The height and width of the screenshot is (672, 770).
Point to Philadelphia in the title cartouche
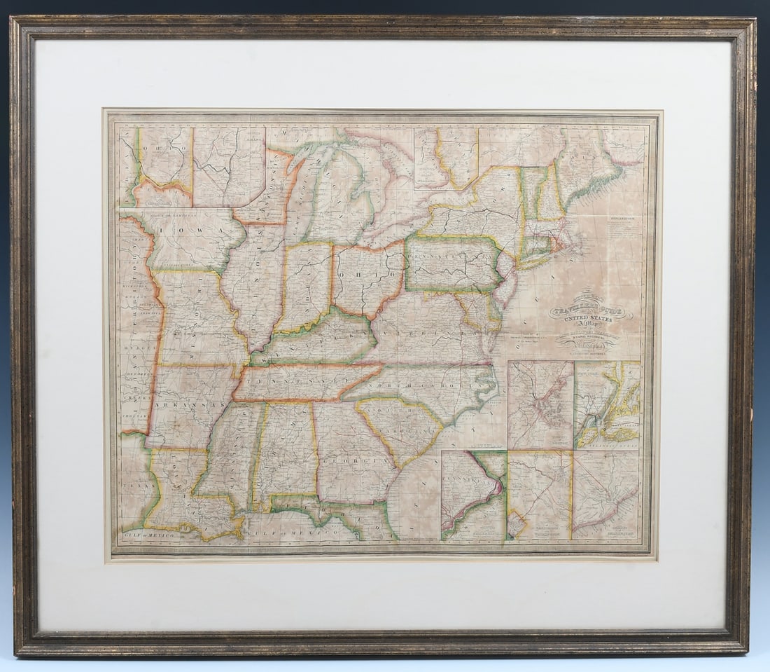[587, 345]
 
